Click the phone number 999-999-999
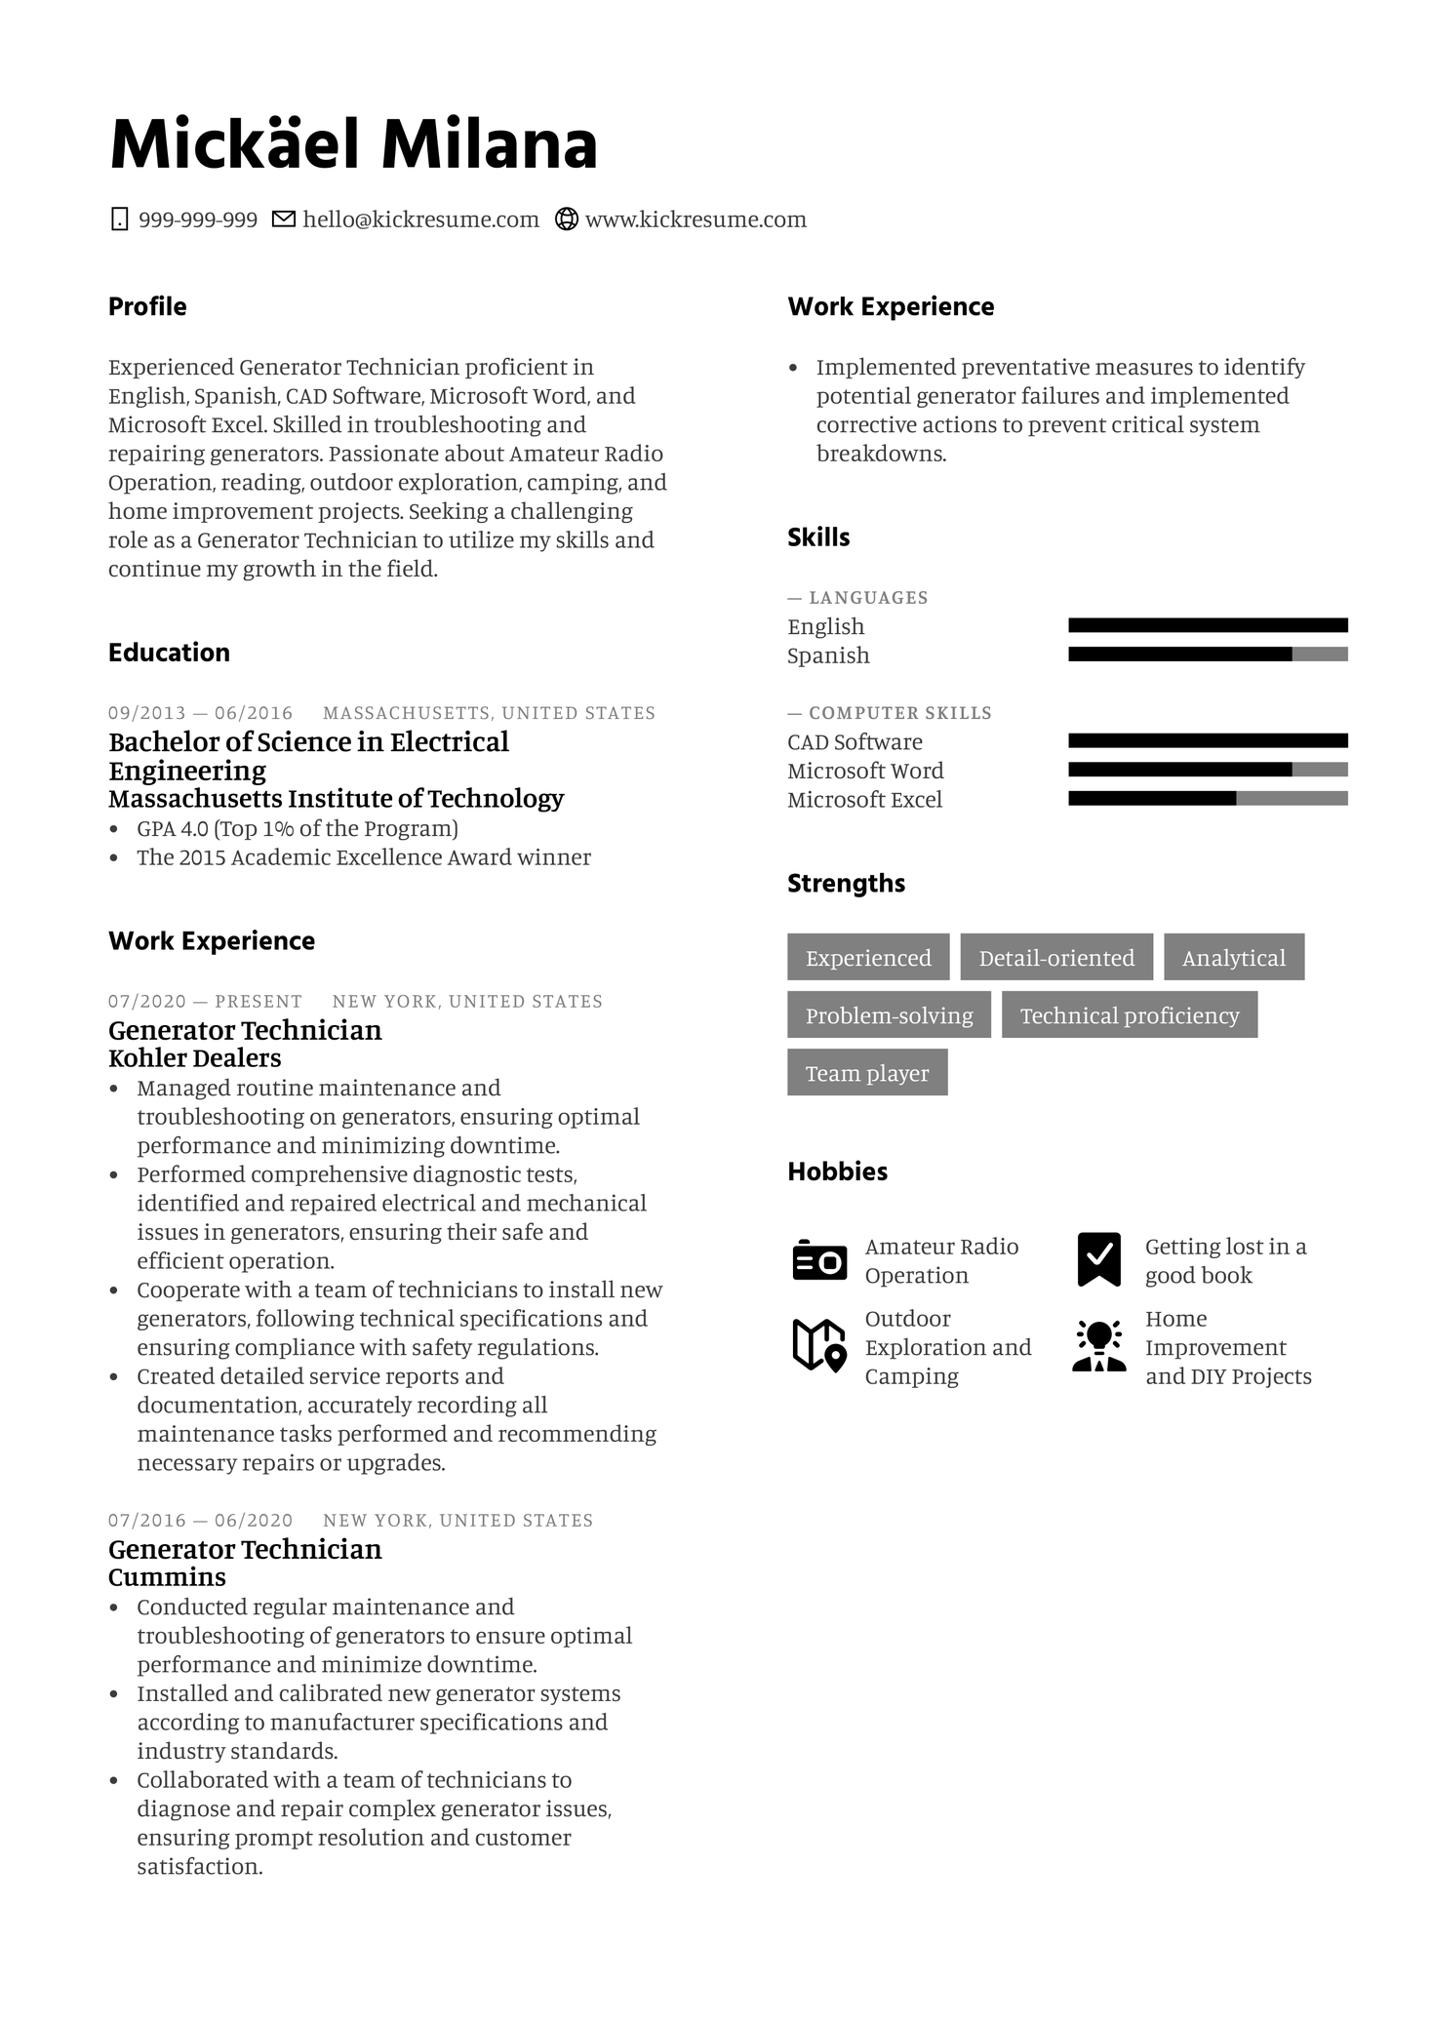click(x=197, y=220)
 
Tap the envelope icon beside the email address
click(x=283, y=219)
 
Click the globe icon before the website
click(x=566, y=219)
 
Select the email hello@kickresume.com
click(x=420, y=220)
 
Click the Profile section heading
click(x=147, y=306)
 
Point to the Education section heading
click(x=169, y=653)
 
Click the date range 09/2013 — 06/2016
click(x=200, y=713)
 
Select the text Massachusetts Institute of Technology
click(x=336, y=799)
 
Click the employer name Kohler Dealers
click(x=194, y=1058)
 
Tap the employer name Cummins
click(x=167, y=1577)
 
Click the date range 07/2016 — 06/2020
click(x=200, y=1521)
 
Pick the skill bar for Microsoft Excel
click(x=1208, y=799)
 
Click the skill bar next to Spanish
click(x=1208, y=655)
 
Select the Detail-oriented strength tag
click(x=1056, y=958)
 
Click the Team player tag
click(x=867, y=1073)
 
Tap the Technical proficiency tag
click(x=1130, y=1015)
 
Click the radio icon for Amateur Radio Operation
click(x=819, y=1261)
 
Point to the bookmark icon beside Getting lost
click(x=1098, y=1259)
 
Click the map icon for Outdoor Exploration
click(x=818, y=1345)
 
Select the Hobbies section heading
click(x=837, y=1171)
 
